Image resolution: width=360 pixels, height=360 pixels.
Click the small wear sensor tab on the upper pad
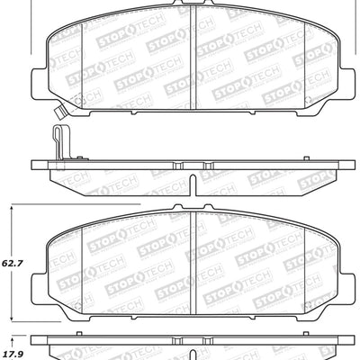coord(61,113)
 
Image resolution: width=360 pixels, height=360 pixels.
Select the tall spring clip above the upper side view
coord(58,144)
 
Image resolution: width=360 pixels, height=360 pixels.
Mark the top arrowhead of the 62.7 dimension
coord(11,206)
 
